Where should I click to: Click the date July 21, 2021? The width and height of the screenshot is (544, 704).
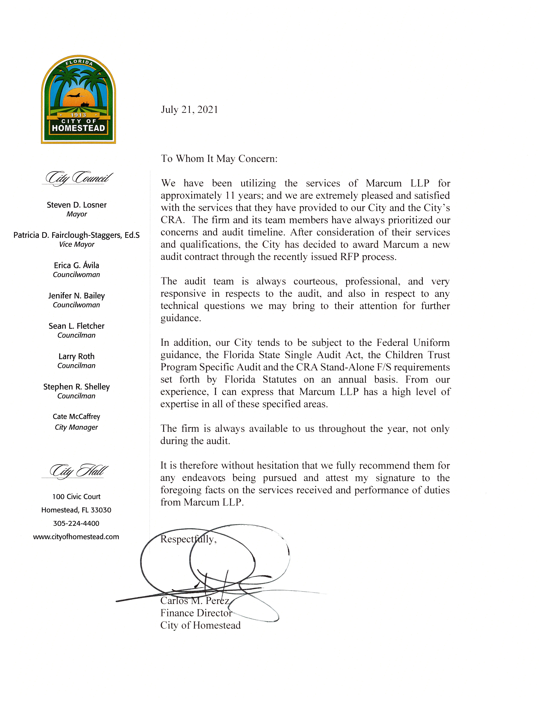(189, 110)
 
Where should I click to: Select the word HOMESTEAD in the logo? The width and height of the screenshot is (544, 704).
(78, 128)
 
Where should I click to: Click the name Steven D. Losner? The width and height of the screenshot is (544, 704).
(76, 205)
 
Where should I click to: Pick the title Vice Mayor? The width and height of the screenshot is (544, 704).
(76, 244)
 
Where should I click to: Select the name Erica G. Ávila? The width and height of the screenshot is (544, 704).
(76, 265)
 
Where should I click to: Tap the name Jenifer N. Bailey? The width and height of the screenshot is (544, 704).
(76, 296)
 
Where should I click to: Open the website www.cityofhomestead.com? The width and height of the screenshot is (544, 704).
(76, 537)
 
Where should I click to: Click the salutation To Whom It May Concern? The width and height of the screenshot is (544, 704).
(219, 159)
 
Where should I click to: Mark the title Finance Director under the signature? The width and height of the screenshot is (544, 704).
(196, 613)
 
